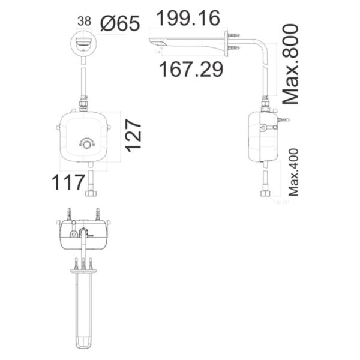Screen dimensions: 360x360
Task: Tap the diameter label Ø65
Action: [119, 25]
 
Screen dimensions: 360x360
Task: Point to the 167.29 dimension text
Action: [191, 68]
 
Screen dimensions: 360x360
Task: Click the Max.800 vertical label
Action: [290, 64]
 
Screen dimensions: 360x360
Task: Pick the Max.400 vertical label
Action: [293, 173]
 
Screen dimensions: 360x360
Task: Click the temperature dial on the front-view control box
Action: [88, 143]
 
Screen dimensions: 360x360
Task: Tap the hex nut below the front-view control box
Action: [91, 193]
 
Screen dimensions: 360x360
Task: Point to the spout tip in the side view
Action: [155, 43]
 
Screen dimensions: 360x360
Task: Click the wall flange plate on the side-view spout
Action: [227, 44]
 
